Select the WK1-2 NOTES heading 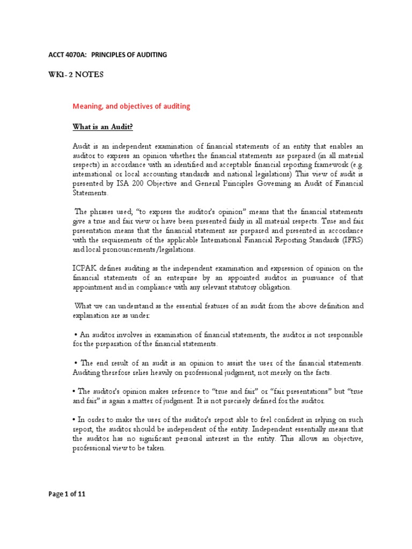pyautogui.click(x=74, y=75)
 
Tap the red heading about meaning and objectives pyautogui.click(x=131, y=106)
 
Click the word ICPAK pyautogui.click(x=85, y=268)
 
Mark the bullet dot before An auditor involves pyautogui.click(x=74, y=335)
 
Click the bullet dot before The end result pyautogui.click(x=74, y=363)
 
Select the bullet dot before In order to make pyautogui.click(x=74, y=420)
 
